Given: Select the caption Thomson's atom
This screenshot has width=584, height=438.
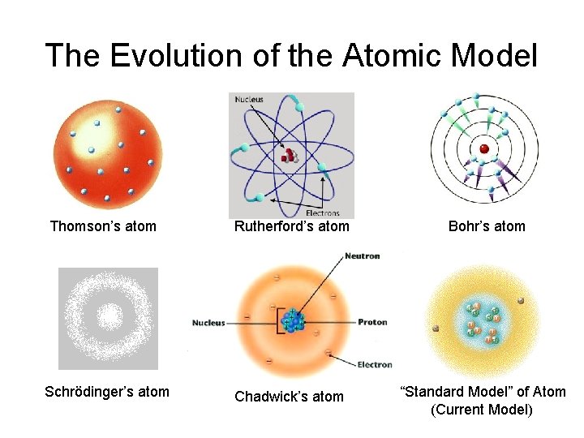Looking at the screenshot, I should (103, 226).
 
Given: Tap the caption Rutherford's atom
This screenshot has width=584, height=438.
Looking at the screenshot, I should (291, 226).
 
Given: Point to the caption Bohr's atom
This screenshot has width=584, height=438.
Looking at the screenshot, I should (487, 226).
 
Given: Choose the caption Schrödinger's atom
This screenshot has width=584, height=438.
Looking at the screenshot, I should (107, 392).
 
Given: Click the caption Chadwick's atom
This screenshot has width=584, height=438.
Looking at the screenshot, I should (289, 397).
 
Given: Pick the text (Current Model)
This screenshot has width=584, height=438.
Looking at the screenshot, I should (482, 410).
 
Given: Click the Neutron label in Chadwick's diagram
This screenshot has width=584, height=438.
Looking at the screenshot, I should (362, 256).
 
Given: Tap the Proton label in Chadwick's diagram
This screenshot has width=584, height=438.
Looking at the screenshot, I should (372, 322).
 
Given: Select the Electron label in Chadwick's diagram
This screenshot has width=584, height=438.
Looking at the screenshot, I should (374, 365).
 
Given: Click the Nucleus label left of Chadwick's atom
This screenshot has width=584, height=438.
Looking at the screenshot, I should (208, 323).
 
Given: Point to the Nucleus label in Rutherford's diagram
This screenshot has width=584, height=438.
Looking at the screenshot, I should (249, 100).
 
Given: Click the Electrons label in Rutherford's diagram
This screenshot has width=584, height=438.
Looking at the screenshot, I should (323, 213).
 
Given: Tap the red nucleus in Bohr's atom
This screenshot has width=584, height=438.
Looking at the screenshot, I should (484, 148).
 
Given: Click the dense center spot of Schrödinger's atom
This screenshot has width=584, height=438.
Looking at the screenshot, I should (108, 317).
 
